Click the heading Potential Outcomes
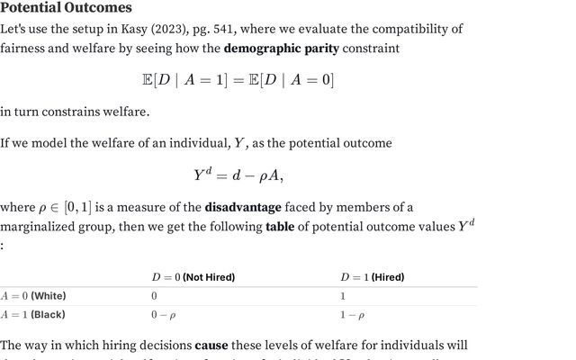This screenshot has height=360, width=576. pos(66,8)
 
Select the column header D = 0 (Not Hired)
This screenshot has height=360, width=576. pos(193,277)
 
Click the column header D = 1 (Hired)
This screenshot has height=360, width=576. pos(372,277)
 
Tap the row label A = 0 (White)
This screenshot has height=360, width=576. pos(33,296)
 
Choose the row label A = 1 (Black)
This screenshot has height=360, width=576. pos(33,315)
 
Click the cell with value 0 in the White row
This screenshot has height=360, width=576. pos(154,296)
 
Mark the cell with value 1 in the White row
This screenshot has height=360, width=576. pos(342,296)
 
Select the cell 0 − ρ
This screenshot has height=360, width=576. pos(163,315)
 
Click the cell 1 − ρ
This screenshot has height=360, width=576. pos(351,315)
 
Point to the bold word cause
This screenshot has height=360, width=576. pos(211,345)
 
